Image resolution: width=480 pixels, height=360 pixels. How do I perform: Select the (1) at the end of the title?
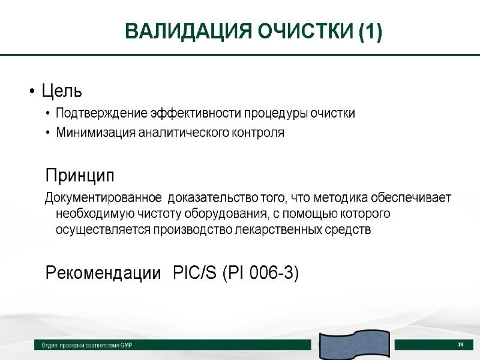371,31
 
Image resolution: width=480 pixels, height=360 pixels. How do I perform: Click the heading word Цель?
61,92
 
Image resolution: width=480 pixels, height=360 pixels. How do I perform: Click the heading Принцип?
79,176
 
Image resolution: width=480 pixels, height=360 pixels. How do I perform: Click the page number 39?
460,344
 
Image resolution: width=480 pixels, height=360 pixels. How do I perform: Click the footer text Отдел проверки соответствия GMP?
86,346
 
